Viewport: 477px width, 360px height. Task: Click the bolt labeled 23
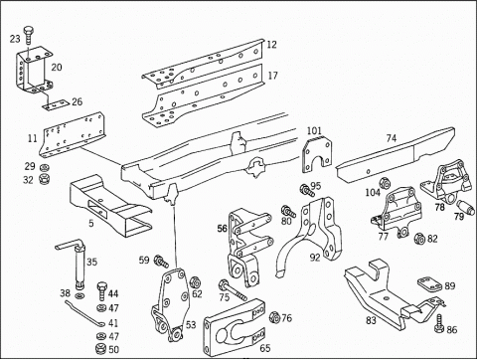tap(28, 35)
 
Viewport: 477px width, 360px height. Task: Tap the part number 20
tap(57, 68)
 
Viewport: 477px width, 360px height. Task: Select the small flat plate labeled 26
tap(55, 104)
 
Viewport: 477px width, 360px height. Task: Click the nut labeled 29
tap(43, 167)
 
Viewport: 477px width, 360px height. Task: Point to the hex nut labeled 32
tap(44, 179)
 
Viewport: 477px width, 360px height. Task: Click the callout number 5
tap(91, 223)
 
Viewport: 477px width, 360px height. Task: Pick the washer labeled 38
tap(79, 295)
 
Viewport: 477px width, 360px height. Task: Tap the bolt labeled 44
tap(101, 290)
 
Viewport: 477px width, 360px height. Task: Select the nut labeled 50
tap(99, 349)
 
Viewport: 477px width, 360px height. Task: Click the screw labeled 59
tap(161, 261)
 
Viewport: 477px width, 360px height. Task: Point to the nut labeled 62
tap(194, 282)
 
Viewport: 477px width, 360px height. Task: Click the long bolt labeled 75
tap(233, 290)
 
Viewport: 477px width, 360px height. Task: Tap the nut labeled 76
tap(274, 317)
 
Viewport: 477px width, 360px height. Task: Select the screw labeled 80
tap(288, 212)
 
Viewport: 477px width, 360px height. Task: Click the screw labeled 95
tap(307, 191)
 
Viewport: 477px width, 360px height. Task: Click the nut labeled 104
tap(384, 183)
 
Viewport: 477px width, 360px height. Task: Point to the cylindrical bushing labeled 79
tap(465, 207)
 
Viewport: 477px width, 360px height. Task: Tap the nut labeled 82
tap(419, 239)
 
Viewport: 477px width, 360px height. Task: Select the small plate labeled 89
tap(429, 285)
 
